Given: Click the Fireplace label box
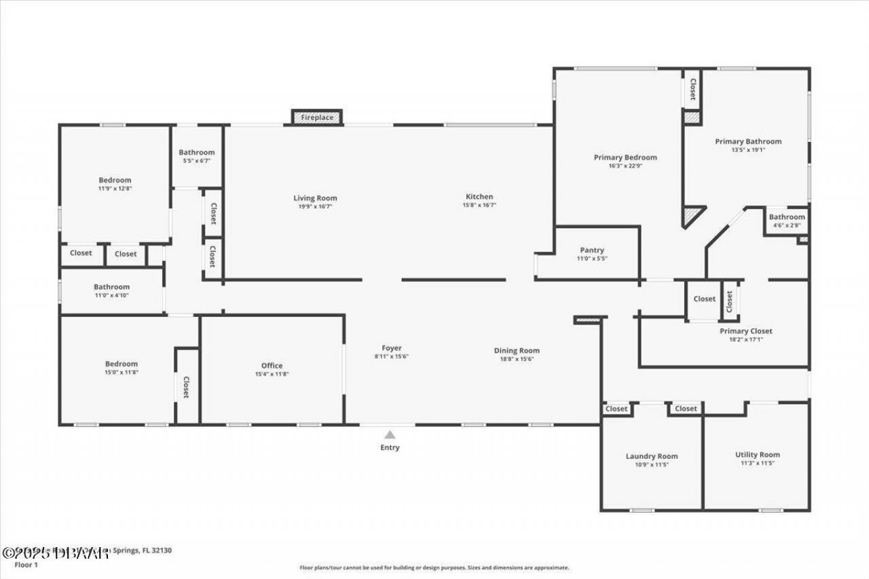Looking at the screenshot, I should [x=317, y=117].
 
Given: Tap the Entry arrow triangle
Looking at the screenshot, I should [x=390, y=435].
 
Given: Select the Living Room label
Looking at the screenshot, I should [x=315, y=198].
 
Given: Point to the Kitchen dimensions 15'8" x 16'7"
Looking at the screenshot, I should [x=479, y=205].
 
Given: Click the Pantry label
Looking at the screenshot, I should [x=592, y=250].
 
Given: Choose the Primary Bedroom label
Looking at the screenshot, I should [x=625, y=157].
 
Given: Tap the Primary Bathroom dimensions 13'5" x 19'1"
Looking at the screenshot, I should [x=748, y=150].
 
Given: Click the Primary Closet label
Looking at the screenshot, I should [x=746, y=331].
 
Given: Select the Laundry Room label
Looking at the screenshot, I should [x=652, y=456].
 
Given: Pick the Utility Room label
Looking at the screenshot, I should [x=758, y=455].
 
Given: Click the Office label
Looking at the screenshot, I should [x=272, y=366].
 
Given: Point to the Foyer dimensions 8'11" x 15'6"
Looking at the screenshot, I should [x=392, y=357].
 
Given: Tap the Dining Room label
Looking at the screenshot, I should [x=517, y=351].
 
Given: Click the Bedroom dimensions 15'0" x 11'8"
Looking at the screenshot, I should [x=121, y=373].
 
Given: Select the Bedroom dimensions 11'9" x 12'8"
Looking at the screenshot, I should [x=115, y=189].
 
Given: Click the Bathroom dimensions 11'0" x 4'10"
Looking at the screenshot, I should [x=111, y=295].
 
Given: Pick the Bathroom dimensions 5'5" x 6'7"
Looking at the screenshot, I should [x=196, y=161].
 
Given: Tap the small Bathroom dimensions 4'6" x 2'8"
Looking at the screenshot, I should [x=786, y=225].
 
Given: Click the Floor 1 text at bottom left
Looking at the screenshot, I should [x=26, y=564].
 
